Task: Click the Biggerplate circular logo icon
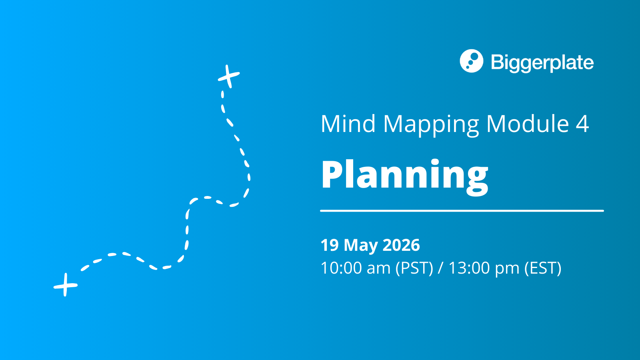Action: coord(472,61)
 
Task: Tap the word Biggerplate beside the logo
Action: coord(542,63)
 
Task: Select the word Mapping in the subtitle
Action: coord(431,125)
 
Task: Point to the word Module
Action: coord(528,124)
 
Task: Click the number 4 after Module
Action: coord(582,124)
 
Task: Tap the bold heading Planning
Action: coord(404,175)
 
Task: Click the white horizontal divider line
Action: coord(462,210)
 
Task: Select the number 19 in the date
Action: coord(330,245)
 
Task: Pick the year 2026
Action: coord(401,245)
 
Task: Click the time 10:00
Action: coord(341,268)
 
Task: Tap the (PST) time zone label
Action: coord(414,268)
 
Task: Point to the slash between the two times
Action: coord(440,268)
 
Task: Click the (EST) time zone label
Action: coord(543,268)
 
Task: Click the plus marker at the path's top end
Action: coord(229,76)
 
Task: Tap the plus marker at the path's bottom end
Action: coord(66,285)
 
